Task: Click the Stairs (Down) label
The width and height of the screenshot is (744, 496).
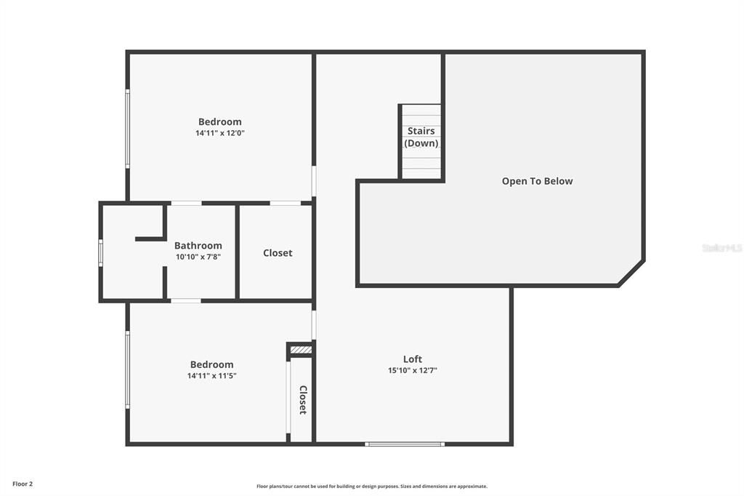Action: (x=421, y=137)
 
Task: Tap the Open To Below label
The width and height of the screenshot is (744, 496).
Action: (x=537, y=181)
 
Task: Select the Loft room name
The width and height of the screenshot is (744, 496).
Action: (x=413, y=359)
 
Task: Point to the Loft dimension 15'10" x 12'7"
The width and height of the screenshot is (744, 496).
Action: (x=413, y=371)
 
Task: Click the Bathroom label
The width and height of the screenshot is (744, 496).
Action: (x=198, y=246)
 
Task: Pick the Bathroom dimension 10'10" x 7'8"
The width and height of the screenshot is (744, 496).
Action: (x=198, y=257)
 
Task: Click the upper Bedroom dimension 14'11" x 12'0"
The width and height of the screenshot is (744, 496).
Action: (x=220, y=133)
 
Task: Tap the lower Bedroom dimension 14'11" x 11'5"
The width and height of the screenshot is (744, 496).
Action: (x=212, y=376)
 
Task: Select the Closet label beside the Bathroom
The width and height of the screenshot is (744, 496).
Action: (x=278, y=253)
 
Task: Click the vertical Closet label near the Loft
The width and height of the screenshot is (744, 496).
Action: (x=303, y=399)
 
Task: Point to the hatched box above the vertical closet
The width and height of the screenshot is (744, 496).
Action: (x=301, y=351)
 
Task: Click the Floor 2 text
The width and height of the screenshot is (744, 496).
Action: (x=23, y=484)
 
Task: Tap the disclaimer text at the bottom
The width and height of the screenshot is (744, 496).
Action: (x=372, y=487)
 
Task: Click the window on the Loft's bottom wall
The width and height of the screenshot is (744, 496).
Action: (x=405, y=444)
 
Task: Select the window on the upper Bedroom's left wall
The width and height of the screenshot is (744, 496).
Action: (x=128, y=129)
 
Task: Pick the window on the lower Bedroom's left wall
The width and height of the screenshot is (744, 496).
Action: (x=128, y=369)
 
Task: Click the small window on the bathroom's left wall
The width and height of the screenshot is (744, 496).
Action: (x=101, y=252)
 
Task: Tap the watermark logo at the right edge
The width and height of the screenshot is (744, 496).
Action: (x=722, y=248)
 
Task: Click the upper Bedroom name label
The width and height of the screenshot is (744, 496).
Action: (x=220, y=121)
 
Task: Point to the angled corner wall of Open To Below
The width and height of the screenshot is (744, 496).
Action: (x=631, y=273)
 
